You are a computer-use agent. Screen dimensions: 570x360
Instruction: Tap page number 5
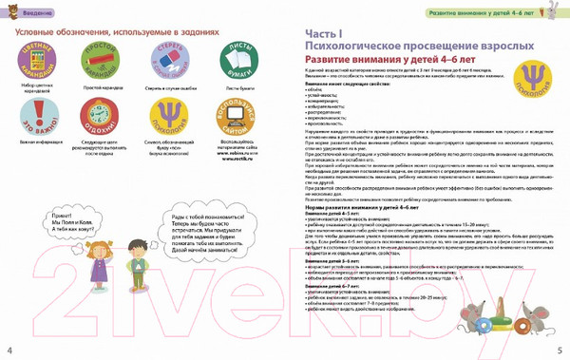click(x=560, y=350)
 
